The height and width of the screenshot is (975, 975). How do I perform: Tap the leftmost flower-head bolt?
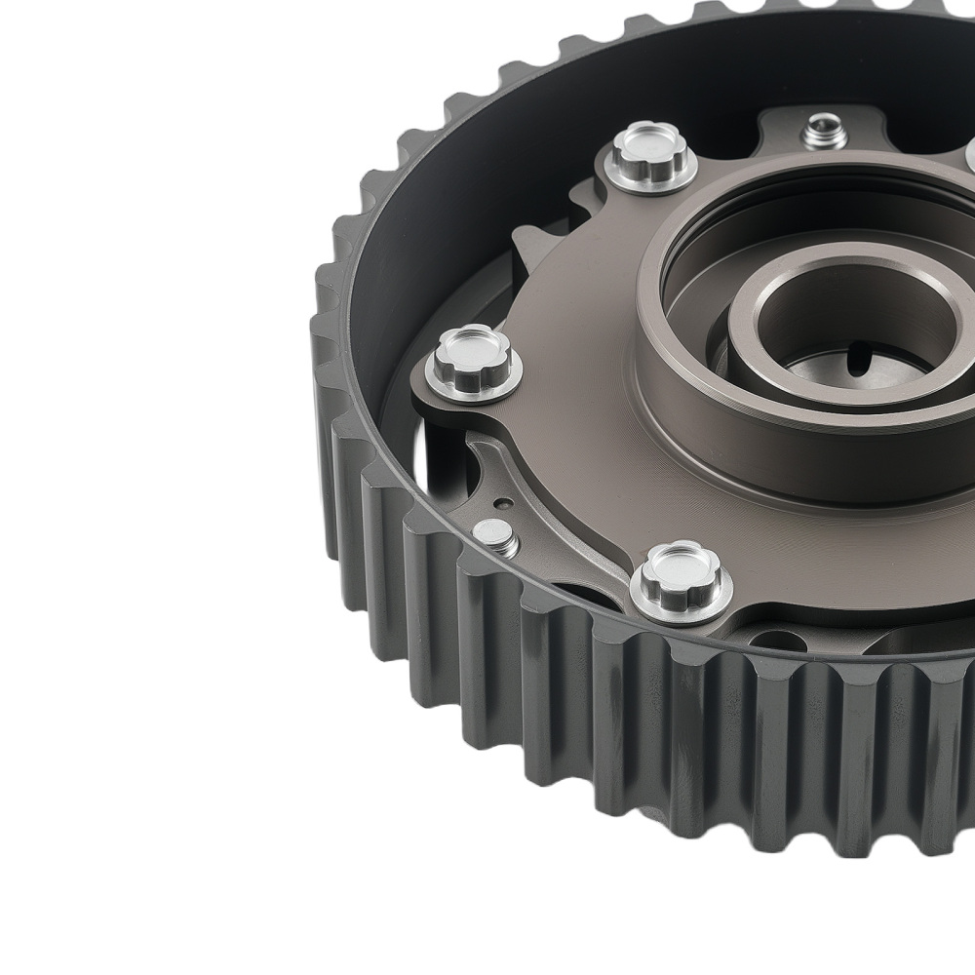click(x=473, y=353)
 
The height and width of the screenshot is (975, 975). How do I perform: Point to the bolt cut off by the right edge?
click(x=969, y=156)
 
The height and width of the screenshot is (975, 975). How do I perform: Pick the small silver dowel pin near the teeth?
click(x=495, y=535)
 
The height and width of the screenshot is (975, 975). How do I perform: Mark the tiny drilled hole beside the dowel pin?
click(x=504, y=503)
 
